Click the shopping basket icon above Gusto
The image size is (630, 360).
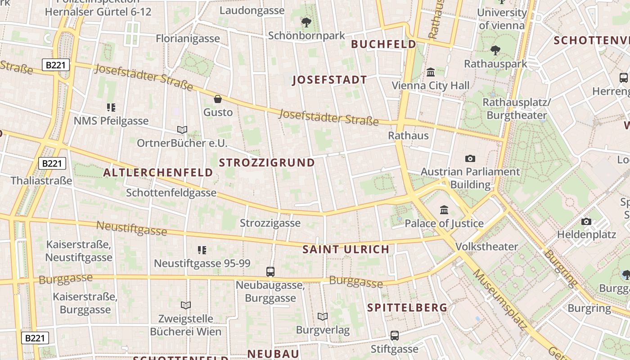pyautogui.click(x=218, y=99)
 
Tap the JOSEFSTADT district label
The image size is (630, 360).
pyautogui.click(x=329, y=80)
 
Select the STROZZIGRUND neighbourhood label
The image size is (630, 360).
pyautogui.click(x=267, y=162)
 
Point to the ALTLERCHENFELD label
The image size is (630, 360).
pyautogui.click(x=158, y=172)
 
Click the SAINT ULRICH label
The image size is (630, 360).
pyautogui.click(x=346, y=249)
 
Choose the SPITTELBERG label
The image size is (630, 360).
pyautogui.click(x=407, y=307)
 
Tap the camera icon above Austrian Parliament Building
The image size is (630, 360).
pyautogui.click(x=470, y=158)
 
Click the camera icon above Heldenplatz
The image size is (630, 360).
pyautogui.click(x=586, y=221)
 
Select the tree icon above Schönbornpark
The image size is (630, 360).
pyautogui.click(x=306, y=22)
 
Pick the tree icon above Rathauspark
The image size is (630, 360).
pyautogui.click(x=495, y=50)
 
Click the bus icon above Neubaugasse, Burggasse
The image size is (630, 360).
pyautogui.click(x=270, y=271)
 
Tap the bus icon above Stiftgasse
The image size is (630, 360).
pyautogui.click(x=394, y=335)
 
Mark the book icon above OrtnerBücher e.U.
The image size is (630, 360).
pyautogui.click(x=182, y=130)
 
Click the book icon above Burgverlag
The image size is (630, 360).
pyautogui.click(x=322, y=316)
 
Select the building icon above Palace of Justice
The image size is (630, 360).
pyautogui.click(x=444, y=210)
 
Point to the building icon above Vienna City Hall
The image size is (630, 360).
pyautogui.click(x=430, y=72)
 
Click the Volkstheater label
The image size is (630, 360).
pyautogui.click(x=486, y=247)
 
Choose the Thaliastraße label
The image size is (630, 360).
pyautogui.click(x=41, y=181)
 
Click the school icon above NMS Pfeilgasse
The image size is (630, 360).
pyautogui.click(x=111, y=107)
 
